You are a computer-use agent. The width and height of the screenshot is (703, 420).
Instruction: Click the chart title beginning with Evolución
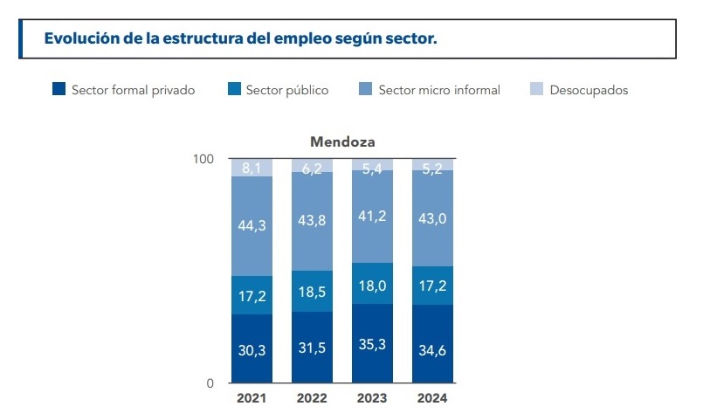point(240,39)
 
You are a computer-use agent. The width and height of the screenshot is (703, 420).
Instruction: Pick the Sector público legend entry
point(279,90)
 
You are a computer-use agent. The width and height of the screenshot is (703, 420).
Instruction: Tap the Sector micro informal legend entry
point(429,90)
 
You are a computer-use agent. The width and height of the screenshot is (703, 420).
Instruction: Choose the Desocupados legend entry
point(579,90)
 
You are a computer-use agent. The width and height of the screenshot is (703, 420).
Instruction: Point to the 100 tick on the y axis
point(203,159)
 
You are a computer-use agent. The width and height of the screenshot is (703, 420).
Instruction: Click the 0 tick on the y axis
point(210,383)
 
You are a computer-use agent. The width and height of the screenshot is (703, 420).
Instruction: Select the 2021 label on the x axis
point(252,398)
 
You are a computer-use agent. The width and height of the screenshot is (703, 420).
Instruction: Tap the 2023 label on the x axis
point(373,398)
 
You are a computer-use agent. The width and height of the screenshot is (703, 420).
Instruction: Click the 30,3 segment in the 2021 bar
point(252,348)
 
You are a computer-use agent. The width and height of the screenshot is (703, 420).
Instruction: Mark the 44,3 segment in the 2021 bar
point(252,226)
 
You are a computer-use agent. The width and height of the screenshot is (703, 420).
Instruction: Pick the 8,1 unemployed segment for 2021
point(252,168)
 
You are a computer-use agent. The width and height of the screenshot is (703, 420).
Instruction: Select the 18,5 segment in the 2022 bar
point(312,291)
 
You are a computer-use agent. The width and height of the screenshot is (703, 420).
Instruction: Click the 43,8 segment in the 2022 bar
point(312,221)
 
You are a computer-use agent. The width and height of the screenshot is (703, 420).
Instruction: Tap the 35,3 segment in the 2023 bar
point(373,343)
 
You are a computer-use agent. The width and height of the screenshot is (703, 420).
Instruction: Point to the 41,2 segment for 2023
point(373,217)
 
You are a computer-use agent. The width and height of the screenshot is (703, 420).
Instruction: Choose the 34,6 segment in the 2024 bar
point(433,344)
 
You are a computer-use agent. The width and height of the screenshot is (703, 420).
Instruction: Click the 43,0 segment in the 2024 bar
point(433,218)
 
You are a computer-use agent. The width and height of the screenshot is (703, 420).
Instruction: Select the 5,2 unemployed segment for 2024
point(433,165)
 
